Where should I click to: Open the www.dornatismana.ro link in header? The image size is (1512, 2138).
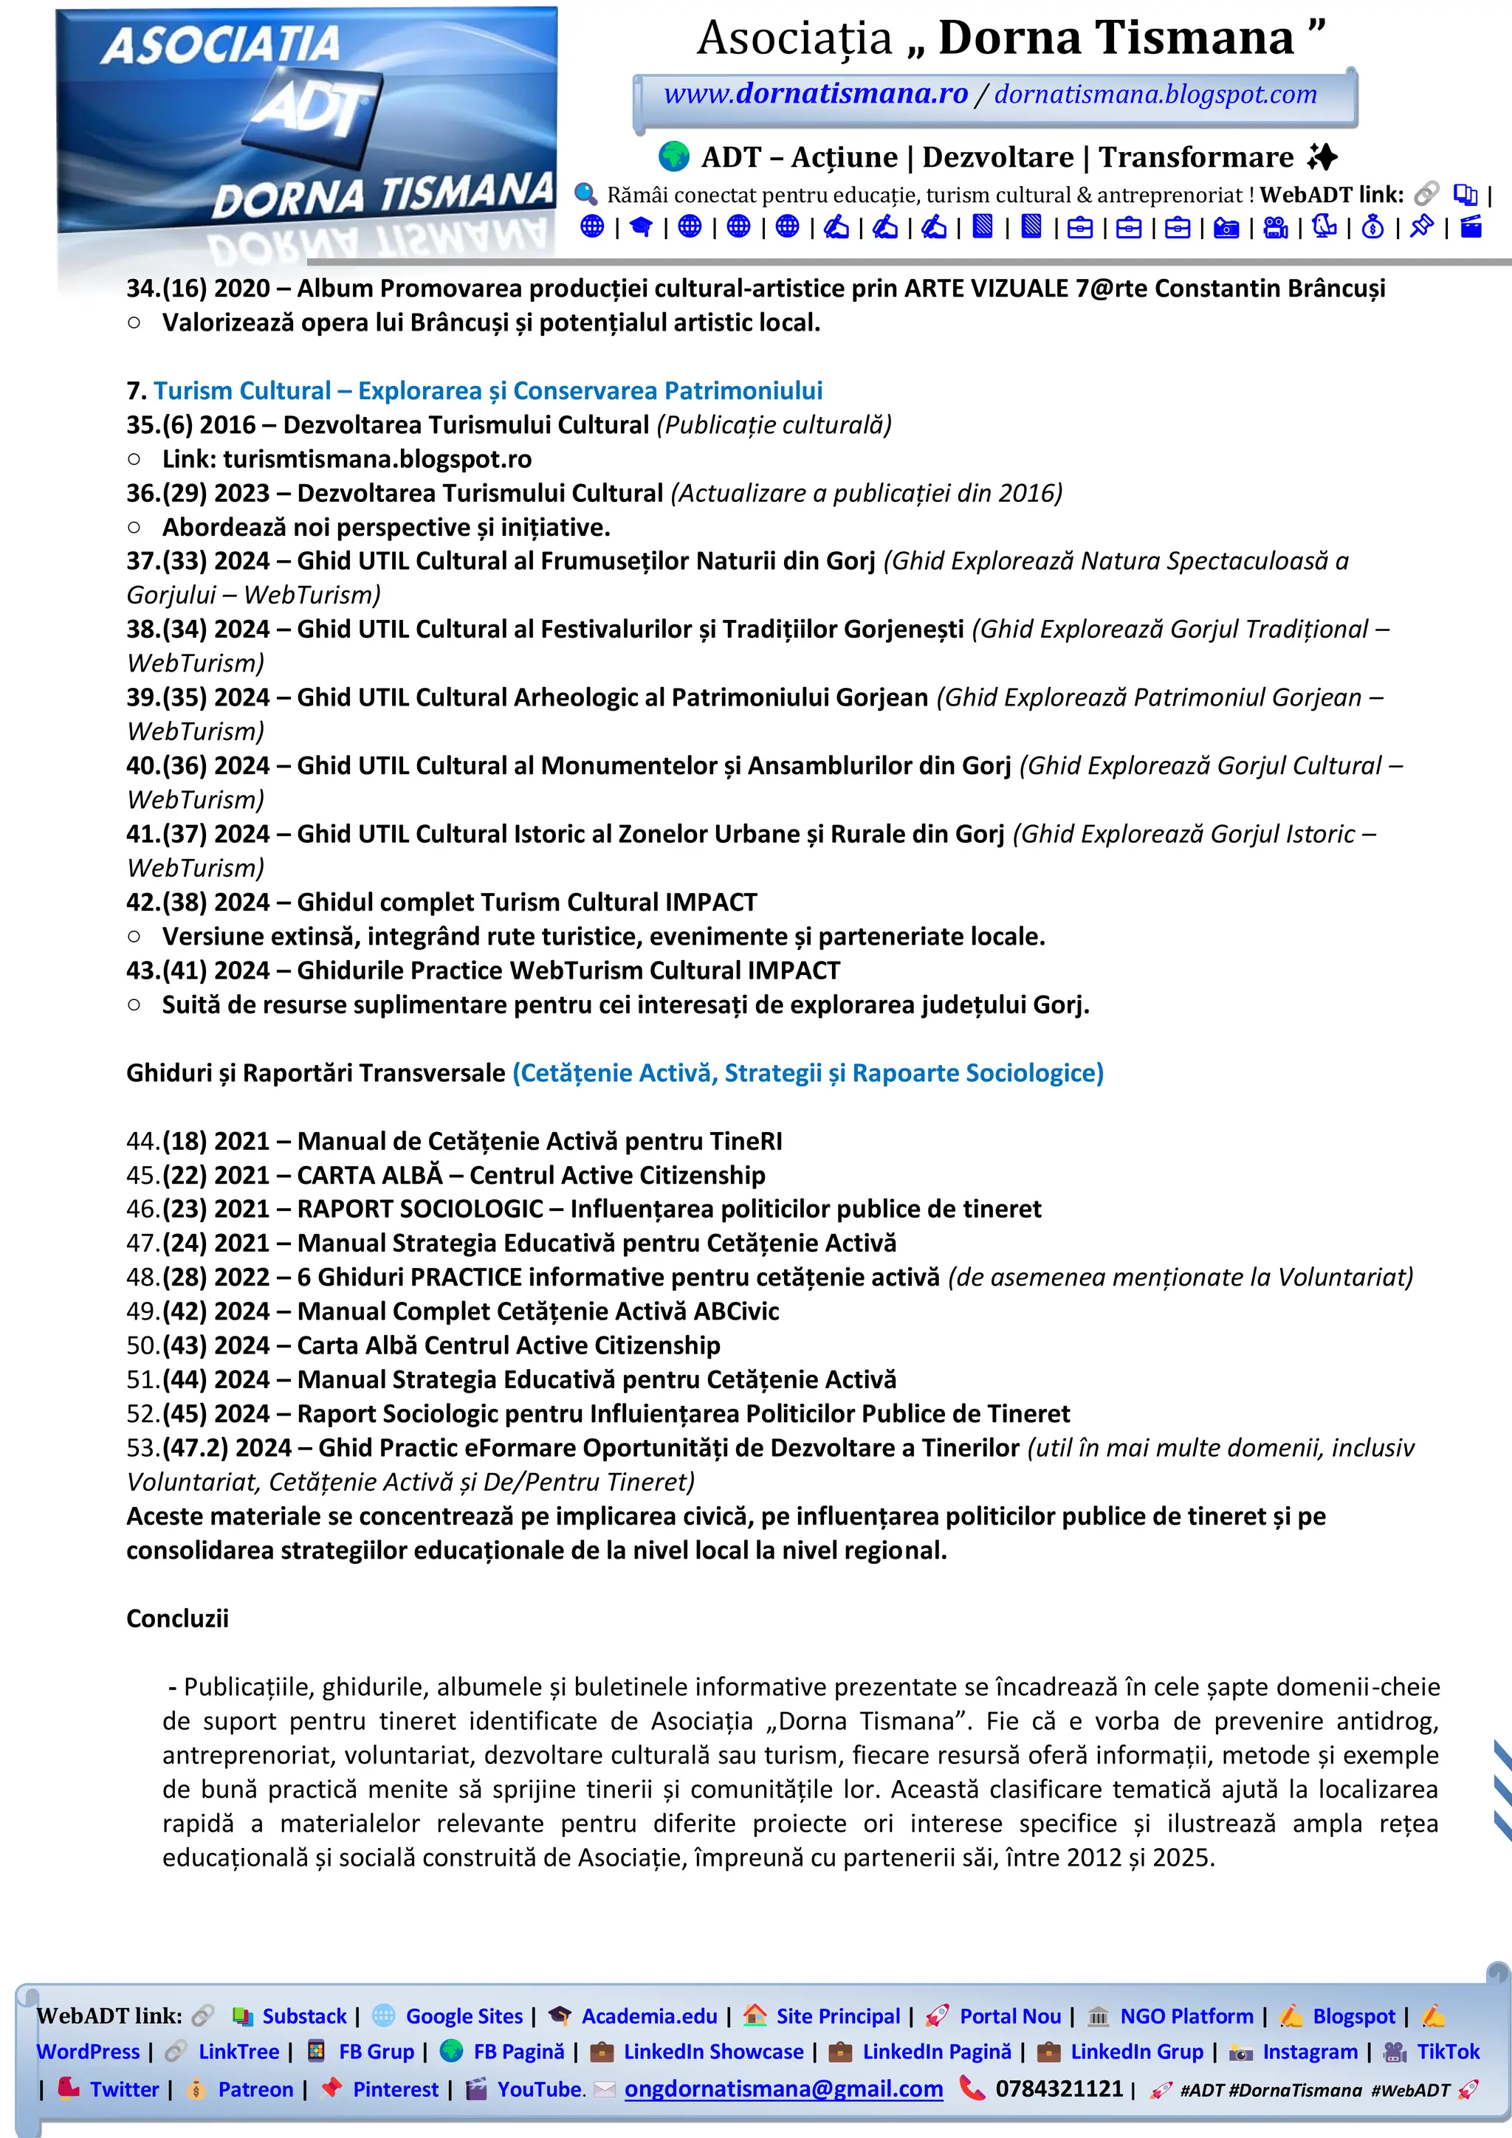click(815, 94)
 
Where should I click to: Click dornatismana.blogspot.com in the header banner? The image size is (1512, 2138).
click(1155, 94)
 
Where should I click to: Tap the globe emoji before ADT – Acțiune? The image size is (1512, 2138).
click(673, 156)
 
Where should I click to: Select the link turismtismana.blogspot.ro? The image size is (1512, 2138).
click(377, 459)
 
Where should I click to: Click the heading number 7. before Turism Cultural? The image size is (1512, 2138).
click(136, 391)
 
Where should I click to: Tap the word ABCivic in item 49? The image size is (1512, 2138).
click(736, 1311)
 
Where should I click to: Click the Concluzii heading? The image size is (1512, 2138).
click(177, 1618)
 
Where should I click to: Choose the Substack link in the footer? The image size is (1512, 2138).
click(303, 2016)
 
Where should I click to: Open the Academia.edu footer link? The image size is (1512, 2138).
click(650, 2016)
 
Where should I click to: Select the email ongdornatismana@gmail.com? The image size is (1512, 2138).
click(783, 2089)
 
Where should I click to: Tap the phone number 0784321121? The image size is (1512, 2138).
click(1059, 2089)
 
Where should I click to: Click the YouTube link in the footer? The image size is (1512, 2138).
click(540, 2089)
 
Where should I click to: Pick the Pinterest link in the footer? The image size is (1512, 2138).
click(395, 2089)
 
